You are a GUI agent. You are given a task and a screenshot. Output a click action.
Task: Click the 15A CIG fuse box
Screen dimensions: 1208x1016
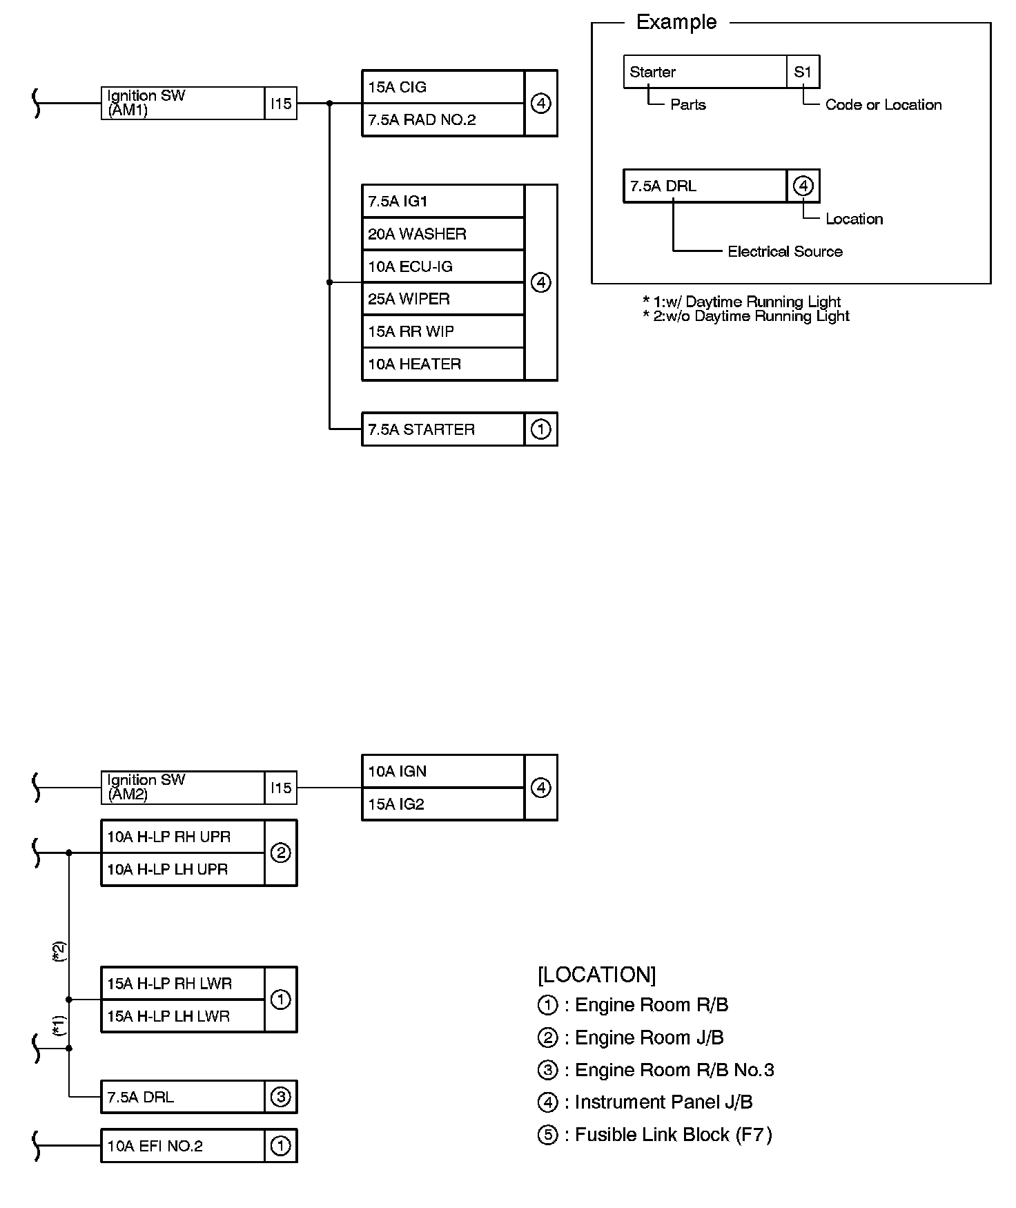click(442, 87)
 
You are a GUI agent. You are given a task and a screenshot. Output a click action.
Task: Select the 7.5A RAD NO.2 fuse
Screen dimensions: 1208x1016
click(442, 120)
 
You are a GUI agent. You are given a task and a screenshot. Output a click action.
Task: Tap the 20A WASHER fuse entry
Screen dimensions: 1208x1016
click(442, 234)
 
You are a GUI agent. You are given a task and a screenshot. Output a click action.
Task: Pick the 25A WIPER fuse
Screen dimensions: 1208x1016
click(442, 299)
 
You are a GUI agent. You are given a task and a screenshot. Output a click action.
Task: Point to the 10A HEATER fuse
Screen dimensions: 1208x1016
click(442, 364)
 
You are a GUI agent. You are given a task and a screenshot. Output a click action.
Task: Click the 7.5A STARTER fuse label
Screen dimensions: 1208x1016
click(442, 429)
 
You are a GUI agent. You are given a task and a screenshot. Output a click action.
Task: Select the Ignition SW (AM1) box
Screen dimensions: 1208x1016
click(182, 104)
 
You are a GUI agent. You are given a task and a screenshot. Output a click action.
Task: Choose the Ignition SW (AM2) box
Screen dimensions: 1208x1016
click(182, 788)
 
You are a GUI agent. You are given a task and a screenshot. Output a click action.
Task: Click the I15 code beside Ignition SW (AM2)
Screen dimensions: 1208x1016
click(281, 788)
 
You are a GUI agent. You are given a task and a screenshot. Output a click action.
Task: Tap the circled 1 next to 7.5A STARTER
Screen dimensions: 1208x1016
click(540, 429)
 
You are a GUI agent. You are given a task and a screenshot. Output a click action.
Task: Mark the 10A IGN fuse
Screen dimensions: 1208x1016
click(442, 771)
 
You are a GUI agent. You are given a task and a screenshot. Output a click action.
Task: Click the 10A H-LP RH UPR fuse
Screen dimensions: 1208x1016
click(182, 837)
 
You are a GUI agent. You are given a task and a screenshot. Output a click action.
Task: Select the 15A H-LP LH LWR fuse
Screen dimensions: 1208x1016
click(182, 1016)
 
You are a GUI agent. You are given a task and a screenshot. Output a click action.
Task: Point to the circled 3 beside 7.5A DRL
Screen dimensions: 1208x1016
click(280, 1097)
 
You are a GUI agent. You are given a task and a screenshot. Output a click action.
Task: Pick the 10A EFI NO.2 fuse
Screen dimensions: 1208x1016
click(182, 1146)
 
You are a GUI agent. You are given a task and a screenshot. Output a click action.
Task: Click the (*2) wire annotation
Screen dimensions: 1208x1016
click(59, 951)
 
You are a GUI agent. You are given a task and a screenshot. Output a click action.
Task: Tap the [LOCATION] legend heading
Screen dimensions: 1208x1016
click(596, 975)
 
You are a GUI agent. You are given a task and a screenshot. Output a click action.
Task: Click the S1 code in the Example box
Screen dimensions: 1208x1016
click(803, 72)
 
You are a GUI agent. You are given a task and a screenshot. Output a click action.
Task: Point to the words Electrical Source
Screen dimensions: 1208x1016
click(785, 251)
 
